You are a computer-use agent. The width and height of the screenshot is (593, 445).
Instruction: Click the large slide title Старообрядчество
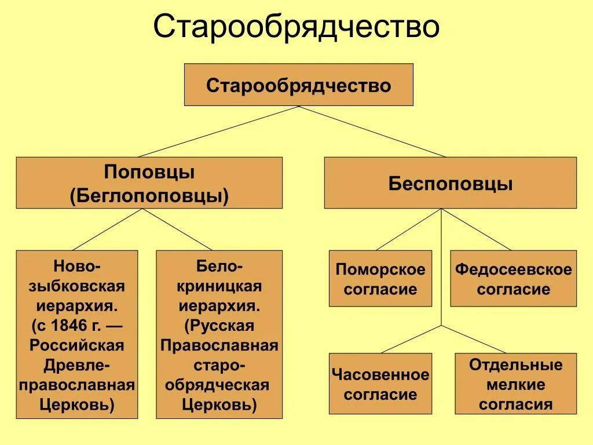tap(296, 27)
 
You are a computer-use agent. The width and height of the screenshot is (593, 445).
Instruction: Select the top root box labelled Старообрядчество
tap(298, 85)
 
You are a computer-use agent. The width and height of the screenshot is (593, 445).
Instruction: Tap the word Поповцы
tap(149, 172)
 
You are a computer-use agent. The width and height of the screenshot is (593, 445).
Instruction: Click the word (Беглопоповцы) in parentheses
tap(149, 195)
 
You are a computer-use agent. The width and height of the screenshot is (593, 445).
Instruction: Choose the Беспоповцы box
tap(450, 183)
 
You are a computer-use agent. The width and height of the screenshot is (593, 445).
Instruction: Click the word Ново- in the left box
tap(77, 266)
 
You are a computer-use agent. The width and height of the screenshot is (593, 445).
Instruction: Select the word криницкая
tap(219, 286)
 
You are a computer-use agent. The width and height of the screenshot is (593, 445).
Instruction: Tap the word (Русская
tap(219, 325)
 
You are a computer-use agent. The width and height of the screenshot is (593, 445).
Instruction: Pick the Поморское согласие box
tap(380, 279)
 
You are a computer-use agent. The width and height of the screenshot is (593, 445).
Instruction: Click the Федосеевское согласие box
tap(513, 279)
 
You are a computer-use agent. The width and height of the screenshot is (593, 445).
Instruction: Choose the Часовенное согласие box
tap(380, 384)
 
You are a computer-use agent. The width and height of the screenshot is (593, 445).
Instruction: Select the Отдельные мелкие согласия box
tap(515, 384)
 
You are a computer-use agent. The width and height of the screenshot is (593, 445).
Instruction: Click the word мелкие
tap(515, 385)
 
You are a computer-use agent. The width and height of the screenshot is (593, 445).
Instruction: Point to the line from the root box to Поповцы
tap(218, 132)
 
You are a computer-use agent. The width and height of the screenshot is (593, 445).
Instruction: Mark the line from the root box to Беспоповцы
tap(372, 132)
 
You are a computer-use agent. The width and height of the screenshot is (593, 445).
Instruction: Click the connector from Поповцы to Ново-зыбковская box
tap(108, 229)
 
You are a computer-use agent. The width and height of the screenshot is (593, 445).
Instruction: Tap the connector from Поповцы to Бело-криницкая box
tap(178, 229)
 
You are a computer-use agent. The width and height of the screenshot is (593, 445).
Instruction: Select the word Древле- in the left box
tap(77, 364)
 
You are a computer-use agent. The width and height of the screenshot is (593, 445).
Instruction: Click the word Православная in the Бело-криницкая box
tap(219, 345)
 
